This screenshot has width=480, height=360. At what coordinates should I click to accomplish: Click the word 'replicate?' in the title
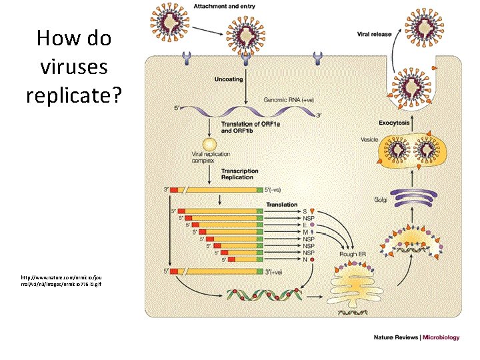coord(74,95)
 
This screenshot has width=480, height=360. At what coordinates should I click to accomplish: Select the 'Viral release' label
coord(374,33)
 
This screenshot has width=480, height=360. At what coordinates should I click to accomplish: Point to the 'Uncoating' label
coord(229,79)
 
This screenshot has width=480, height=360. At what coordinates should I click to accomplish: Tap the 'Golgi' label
coord(381,200)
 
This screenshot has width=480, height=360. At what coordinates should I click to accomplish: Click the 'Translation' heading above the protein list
coord(282,205)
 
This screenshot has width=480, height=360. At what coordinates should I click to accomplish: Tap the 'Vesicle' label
coord(369,139)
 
